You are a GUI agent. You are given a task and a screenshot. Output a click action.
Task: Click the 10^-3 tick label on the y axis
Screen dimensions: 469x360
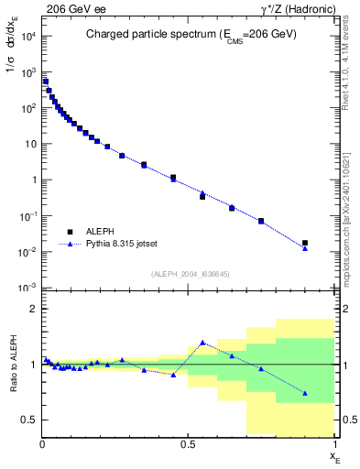(x=27, y=288)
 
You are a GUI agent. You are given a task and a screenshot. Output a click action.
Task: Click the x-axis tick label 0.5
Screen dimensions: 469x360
(x=188, y=444)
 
